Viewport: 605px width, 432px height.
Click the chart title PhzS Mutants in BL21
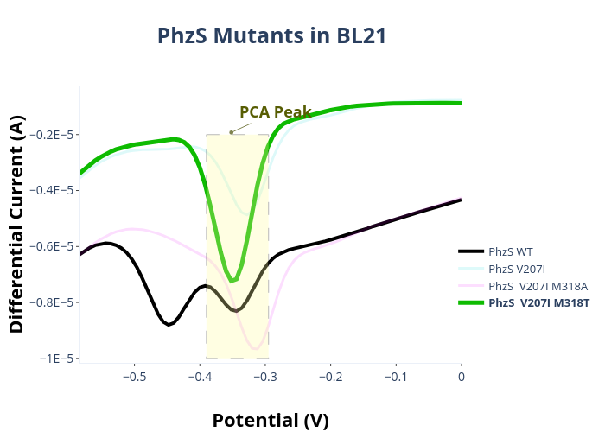click(271, 35)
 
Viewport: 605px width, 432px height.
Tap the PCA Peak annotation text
click(275, 111)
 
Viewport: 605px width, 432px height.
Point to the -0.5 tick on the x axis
click(135, 377)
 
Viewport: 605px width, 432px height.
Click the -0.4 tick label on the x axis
click(201, 377)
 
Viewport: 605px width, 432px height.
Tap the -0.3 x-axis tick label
click(265, 377)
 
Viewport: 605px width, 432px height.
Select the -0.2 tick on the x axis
click(331, 377)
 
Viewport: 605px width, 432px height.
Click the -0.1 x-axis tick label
click(396, 377)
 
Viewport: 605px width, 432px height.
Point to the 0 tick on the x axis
click(462, 377)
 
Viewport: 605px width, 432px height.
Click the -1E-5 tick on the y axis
click(56, 359)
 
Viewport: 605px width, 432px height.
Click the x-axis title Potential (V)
click(271, 420)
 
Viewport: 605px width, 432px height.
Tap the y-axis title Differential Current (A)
click(17, 224)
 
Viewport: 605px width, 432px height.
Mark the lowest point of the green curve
click(232, 281)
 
